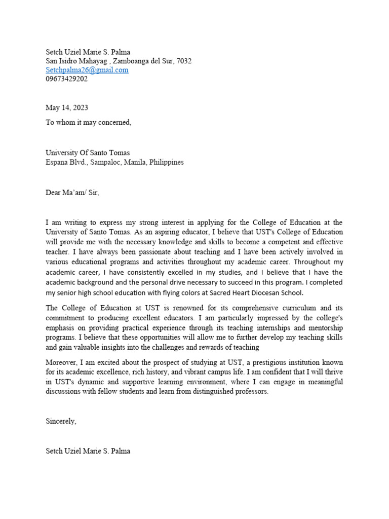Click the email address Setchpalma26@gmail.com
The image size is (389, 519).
click(x=87, y=70)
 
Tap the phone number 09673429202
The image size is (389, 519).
click(x=66, y=79)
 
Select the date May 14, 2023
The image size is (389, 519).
click(x=66, y=107)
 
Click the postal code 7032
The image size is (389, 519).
click(x=184, y=61)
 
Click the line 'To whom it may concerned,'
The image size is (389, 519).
click(x=88, y=122)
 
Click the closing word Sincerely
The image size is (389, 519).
click(x=61, y=421)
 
